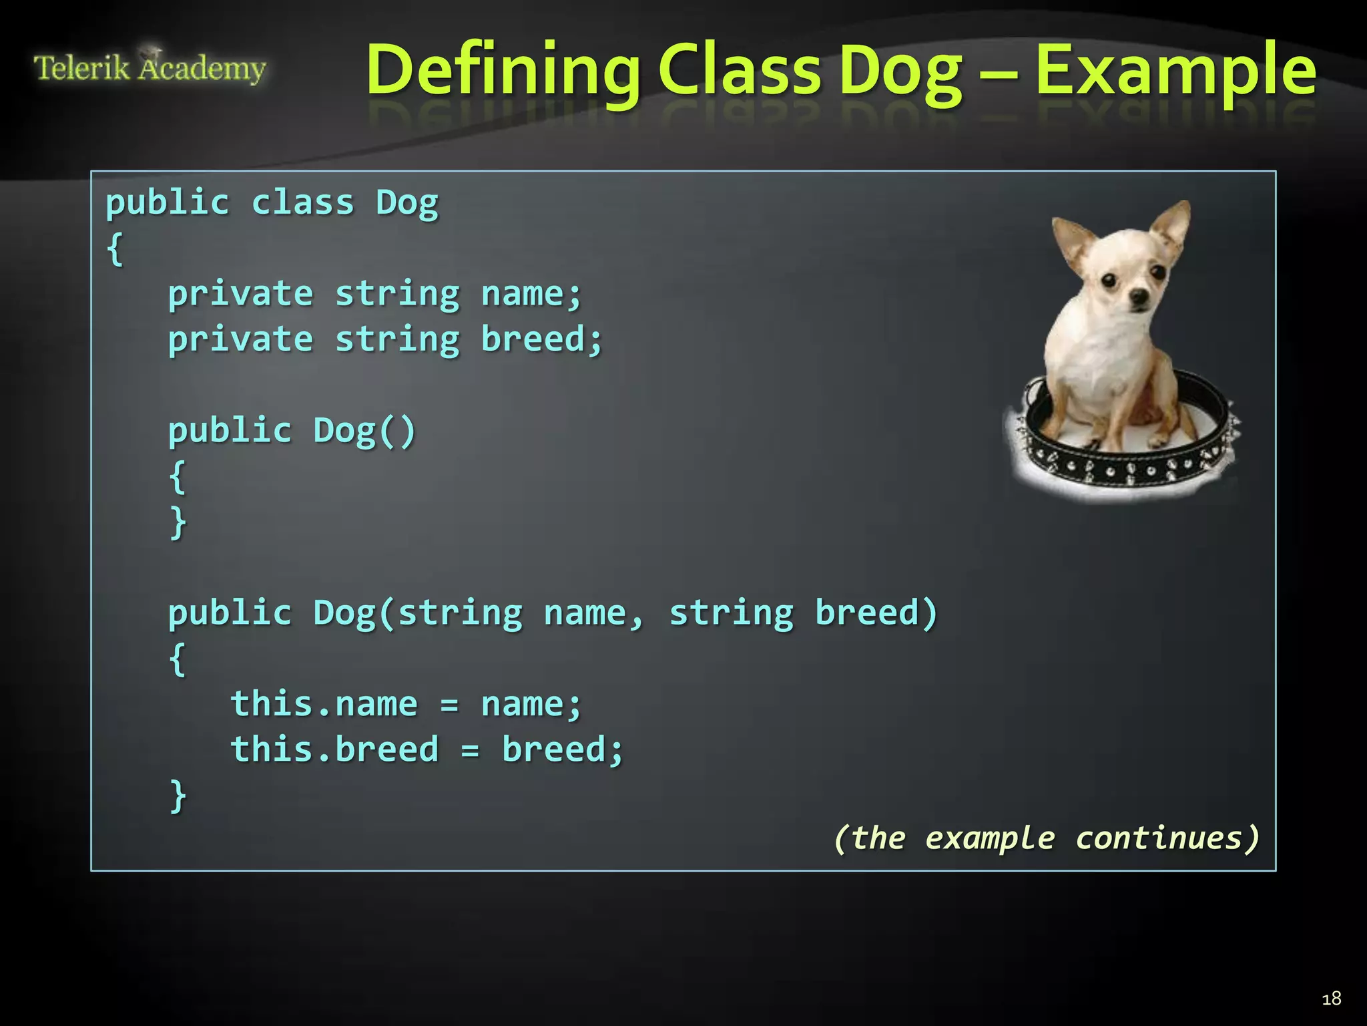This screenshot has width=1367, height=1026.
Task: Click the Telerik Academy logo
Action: coord(150,68)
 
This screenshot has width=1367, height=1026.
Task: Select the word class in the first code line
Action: coord(302,202)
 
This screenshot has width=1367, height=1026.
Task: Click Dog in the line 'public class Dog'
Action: coord(407,202)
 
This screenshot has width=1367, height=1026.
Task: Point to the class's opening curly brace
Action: coord(115,248)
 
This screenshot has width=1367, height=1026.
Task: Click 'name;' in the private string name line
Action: coord(531,294)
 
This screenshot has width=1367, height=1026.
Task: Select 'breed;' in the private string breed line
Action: coord(541,339)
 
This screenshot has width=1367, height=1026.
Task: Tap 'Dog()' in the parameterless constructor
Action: coord(364,431)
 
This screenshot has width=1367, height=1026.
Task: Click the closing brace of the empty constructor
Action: coord(178,522)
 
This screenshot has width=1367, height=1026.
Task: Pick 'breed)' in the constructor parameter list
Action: coord(876,613)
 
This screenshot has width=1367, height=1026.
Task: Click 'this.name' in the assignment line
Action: coord(324,704)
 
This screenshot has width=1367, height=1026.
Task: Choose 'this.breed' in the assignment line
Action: coord(334,749)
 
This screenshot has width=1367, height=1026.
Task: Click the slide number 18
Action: coord(1331,998)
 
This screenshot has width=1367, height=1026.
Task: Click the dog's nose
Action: coord(1138,296)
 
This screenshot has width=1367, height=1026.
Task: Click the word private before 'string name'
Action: coord(240,294)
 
